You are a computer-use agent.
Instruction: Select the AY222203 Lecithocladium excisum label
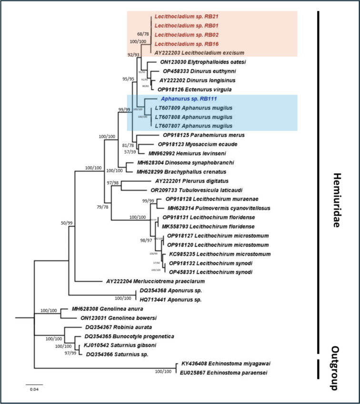coord(200,53)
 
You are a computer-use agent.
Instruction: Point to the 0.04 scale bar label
coord(34,390)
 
